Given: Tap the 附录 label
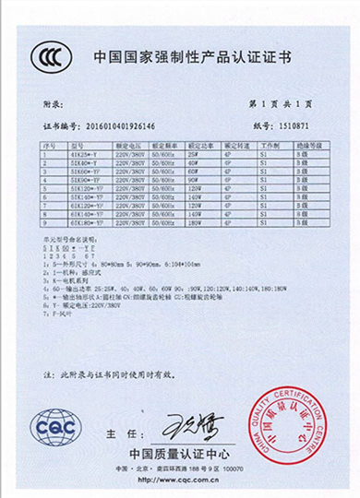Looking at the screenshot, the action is pyautogui.click(x=54, y=106).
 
